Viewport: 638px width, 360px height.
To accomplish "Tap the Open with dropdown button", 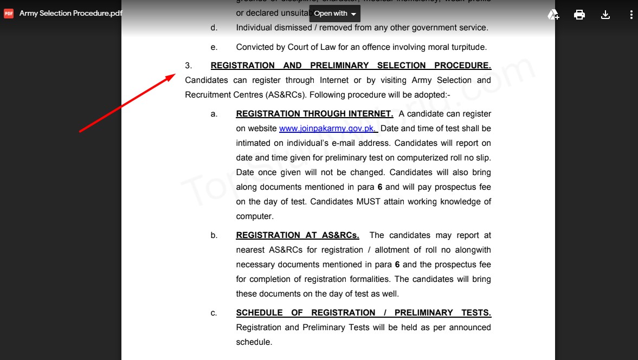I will (335, 14).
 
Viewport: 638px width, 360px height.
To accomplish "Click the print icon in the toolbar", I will (579, 15).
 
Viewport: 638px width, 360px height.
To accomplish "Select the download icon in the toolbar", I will (605, 15).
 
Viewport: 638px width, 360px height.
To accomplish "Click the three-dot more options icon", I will (631, 15).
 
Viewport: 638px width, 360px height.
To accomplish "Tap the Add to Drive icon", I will (553, 15).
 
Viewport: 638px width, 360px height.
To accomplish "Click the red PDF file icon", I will (9, 14).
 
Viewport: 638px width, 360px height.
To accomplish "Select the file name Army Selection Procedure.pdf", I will (70, 14).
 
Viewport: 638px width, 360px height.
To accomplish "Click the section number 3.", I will (188, 66).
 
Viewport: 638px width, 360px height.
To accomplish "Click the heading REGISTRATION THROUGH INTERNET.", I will (314, 114).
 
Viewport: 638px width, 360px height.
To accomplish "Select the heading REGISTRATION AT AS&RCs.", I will (298, 235).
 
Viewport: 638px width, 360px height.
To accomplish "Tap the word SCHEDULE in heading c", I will (259, 313).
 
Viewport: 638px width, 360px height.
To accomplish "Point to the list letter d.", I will (214, 28).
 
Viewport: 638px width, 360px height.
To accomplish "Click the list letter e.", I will (214, 47).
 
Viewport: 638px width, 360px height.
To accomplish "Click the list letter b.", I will (214, 235).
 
